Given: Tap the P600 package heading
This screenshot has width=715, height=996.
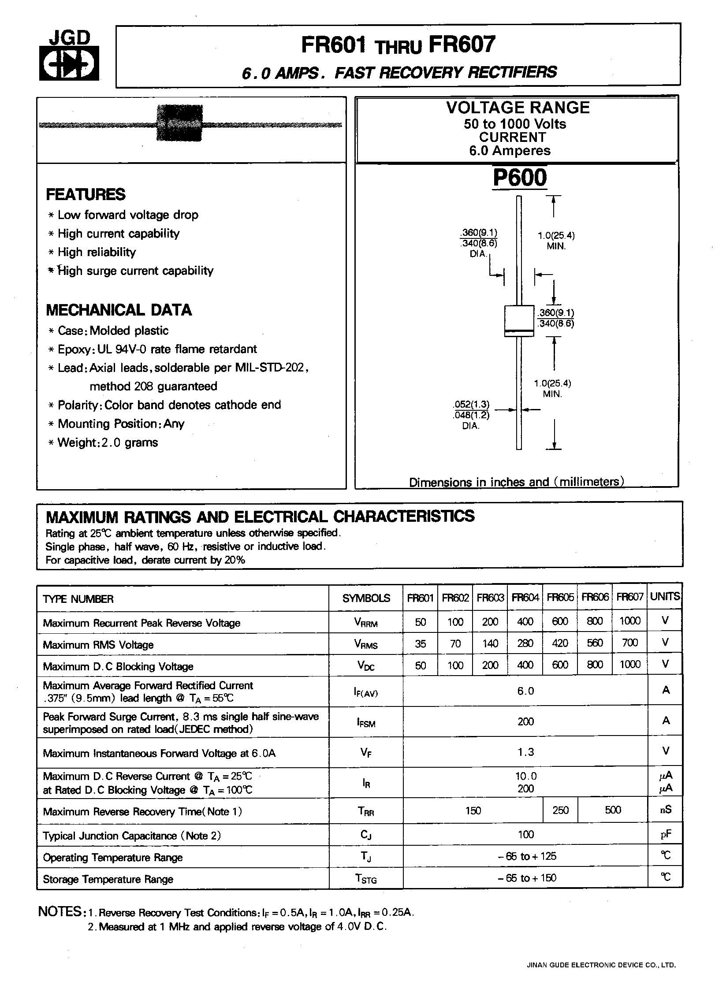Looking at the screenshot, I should [520, 178].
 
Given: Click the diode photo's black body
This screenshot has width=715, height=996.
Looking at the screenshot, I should [179, 123].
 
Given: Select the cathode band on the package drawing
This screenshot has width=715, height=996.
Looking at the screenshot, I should [519, 331].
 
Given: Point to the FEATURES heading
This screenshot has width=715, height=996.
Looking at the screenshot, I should [86, 194].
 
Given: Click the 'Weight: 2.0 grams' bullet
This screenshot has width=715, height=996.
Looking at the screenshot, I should [108, 442].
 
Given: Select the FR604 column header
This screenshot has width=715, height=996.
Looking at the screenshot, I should [525, 598].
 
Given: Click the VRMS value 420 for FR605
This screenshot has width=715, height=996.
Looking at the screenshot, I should [560, 643].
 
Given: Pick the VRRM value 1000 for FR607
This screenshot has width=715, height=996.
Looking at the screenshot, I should [629, 621].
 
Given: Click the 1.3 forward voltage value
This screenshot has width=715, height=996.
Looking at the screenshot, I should [525, 752].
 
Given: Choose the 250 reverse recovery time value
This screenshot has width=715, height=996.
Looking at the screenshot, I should [560, 810].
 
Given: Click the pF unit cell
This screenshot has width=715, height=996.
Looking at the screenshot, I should [665, 834].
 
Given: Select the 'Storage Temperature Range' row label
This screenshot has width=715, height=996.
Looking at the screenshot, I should [108, 879].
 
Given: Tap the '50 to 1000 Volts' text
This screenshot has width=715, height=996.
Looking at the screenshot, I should [514, 124].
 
